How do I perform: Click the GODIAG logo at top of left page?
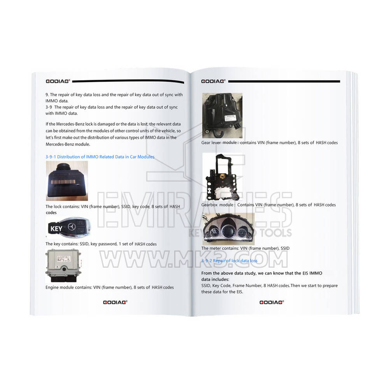(x=58, y=81)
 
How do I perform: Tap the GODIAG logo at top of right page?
(x=213, y=81)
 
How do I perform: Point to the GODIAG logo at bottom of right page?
(x=272, y=302)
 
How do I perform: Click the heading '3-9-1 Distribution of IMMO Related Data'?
(x=100, y=157)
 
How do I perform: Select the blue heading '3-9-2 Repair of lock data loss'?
(x=229, y=260)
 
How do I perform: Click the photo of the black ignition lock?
(x=67, y=181)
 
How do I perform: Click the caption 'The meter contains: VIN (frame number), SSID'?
(x=245, y=248)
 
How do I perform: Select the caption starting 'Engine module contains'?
(x=109, y=287)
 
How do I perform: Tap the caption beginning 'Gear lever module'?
(x=269, y=142)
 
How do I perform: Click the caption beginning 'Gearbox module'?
(x=268, y=205)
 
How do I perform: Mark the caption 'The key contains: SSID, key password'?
(x=101, y=244)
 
